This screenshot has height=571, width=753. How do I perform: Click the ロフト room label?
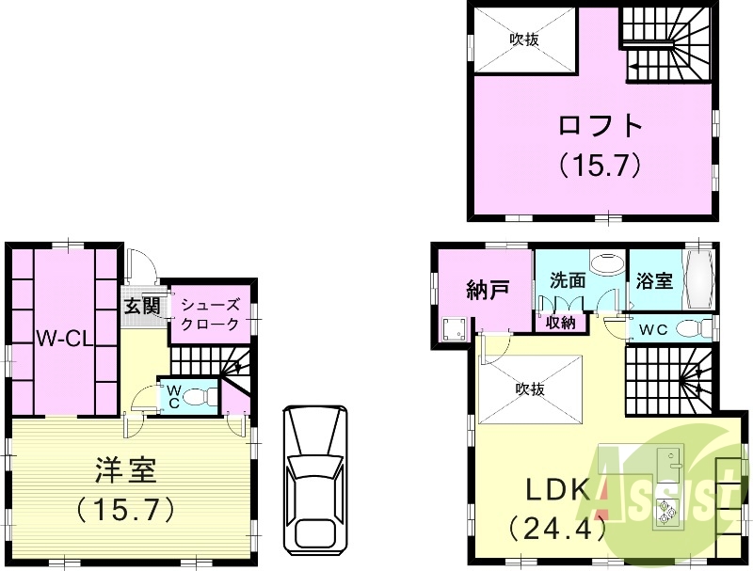pyautogui.click(x=601, y=126)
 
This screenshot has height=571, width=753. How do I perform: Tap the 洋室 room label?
pyautogui.click(x=125, y=468)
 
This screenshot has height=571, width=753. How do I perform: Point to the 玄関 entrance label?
pyautogui.click(x=141, y=307)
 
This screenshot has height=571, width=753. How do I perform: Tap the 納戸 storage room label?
pyautogui.click(x=488, y=289)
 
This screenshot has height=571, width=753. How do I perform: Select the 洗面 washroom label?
pyautogui.click(x=569, y=280)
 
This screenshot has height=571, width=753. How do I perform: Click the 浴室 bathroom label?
pyautogui.click(x=654, y=280)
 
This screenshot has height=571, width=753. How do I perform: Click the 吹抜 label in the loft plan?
pyautogui.click(x=524, y=40)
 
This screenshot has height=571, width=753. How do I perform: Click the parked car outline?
pyautogui.click(x=315, y=479)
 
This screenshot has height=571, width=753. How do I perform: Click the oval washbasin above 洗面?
pyautogui.click(x=607, y=262)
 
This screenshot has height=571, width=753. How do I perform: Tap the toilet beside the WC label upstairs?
pyautogui.click(x=694, y=329)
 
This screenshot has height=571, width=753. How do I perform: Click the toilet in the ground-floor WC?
pyautogui.click(x=197, y=398)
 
